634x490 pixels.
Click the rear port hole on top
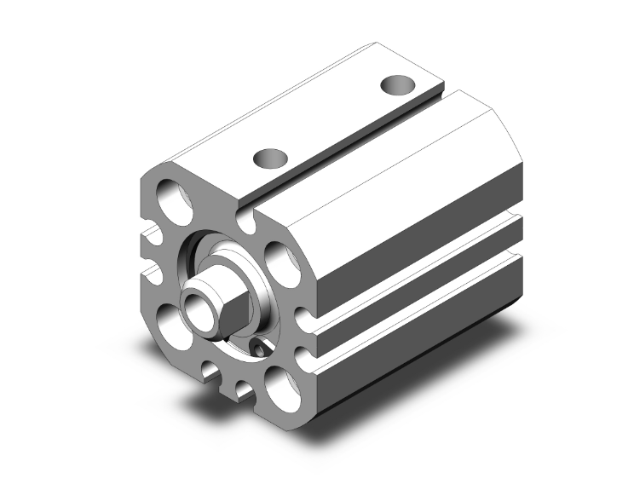click(397, 85)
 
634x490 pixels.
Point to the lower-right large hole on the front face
click(278, 381)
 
